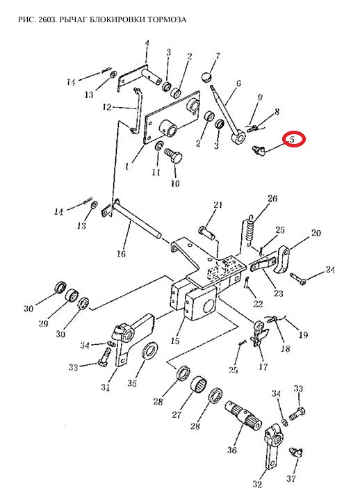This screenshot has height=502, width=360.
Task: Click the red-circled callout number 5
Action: coord(291,140)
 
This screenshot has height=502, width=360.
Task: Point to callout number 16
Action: coord(122,254)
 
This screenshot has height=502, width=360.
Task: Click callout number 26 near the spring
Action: coord(272,198)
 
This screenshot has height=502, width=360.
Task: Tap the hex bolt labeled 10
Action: coord(173,156)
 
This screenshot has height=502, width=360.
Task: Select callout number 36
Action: coord(232,450)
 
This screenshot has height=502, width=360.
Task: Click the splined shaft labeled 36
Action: coord(244,414)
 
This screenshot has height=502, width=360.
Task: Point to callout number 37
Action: coord(291,478)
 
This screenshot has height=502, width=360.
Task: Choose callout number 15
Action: coord(175,341)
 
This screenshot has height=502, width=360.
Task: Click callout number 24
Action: coord(330,270)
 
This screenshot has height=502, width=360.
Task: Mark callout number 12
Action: coord(107,107)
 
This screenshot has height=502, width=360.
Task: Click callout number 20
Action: coord(316,233)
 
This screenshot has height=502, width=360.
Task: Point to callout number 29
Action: coord(43,323)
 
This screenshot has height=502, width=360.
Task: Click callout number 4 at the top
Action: coord(147,43)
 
